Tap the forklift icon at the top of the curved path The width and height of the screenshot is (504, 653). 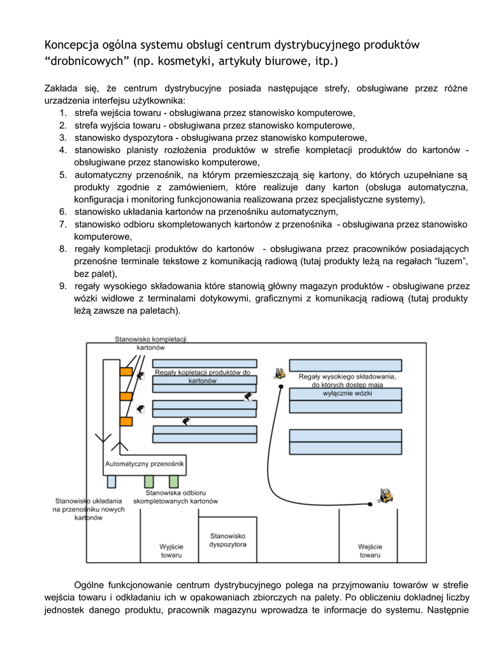[x=278, y=373]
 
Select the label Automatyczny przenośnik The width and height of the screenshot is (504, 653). [x=145, y=464]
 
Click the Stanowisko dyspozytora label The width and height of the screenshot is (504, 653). [x=227, y=540]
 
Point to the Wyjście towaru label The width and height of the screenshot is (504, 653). [x=171, y=551]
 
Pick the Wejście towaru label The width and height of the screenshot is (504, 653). [x=370, y=551]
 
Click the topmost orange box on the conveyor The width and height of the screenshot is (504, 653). [x=126, y=371]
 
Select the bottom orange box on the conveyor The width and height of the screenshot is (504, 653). [x=126, y=421]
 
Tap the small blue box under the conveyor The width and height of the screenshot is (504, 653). [x=112, y=481]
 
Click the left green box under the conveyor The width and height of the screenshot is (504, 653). [x=149, y=481]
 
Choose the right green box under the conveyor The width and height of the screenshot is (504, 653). [x=173, y=481]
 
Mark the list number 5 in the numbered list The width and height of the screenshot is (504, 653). [x=63, y=175]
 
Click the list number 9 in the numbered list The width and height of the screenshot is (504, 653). [x=63, y=286]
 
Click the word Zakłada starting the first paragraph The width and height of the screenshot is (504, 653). [x=61, y=88]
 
